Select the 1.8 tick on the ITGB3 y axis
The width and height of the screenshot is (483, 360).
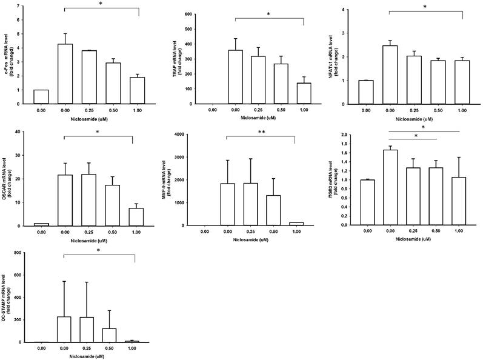(x=344, y=144)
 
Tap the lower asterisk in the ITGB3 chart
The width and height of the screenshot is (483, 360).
(x=415, y=136)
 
